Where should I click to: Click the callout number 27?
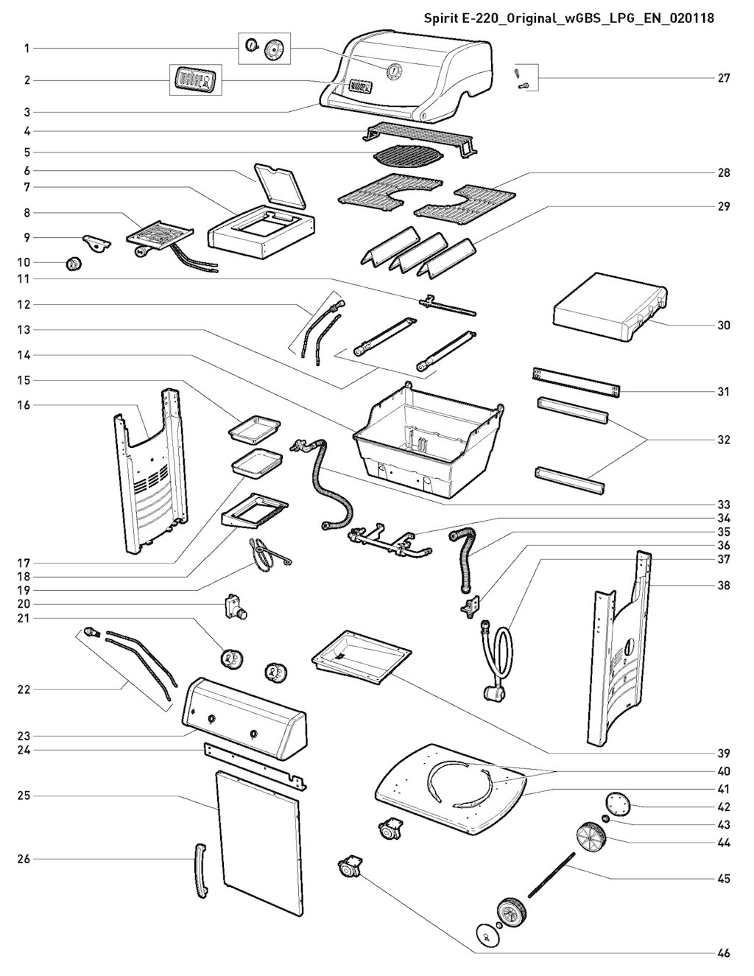pos(724,78)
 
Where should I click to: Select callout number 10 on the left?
pos(27,262)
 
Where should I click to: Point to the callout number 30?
pos(724,325)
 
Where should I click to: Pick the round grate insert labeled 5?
pos(408,158)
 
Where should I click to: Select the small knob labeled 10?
pos(73,264)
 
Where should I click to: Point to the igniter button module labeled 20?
pos(236,606)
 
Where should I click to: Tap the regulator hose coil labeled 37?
pos(496,660)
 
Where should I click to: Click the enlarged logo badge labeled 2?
pos(195,80)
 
